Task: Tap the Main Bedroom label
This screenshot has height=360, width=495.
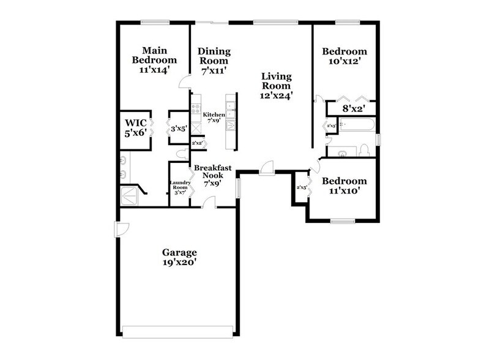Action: [x=155, y=60]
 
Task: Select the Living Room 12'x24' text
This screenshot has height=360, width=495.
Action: [x=277, y=86]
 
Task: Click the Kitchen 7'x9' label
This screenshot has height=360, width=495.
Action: [x=214, y=118]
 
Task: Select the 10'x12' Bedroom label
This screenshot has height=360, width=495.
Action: [x=345, y=56]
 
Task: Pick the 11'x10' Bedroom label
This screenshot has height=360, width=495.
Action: [x=344, y=186]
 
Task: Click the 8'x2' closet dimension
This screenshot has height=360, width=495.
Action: [x=353, y=108]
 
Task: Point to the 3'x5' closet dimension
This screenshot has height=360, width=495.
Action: [x=179, y=129]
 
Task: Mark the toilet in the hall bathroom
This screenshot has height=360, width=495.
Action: [x=364, y=150]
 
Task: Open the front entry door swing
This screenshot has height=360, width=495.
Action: [x=266, y=168]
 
